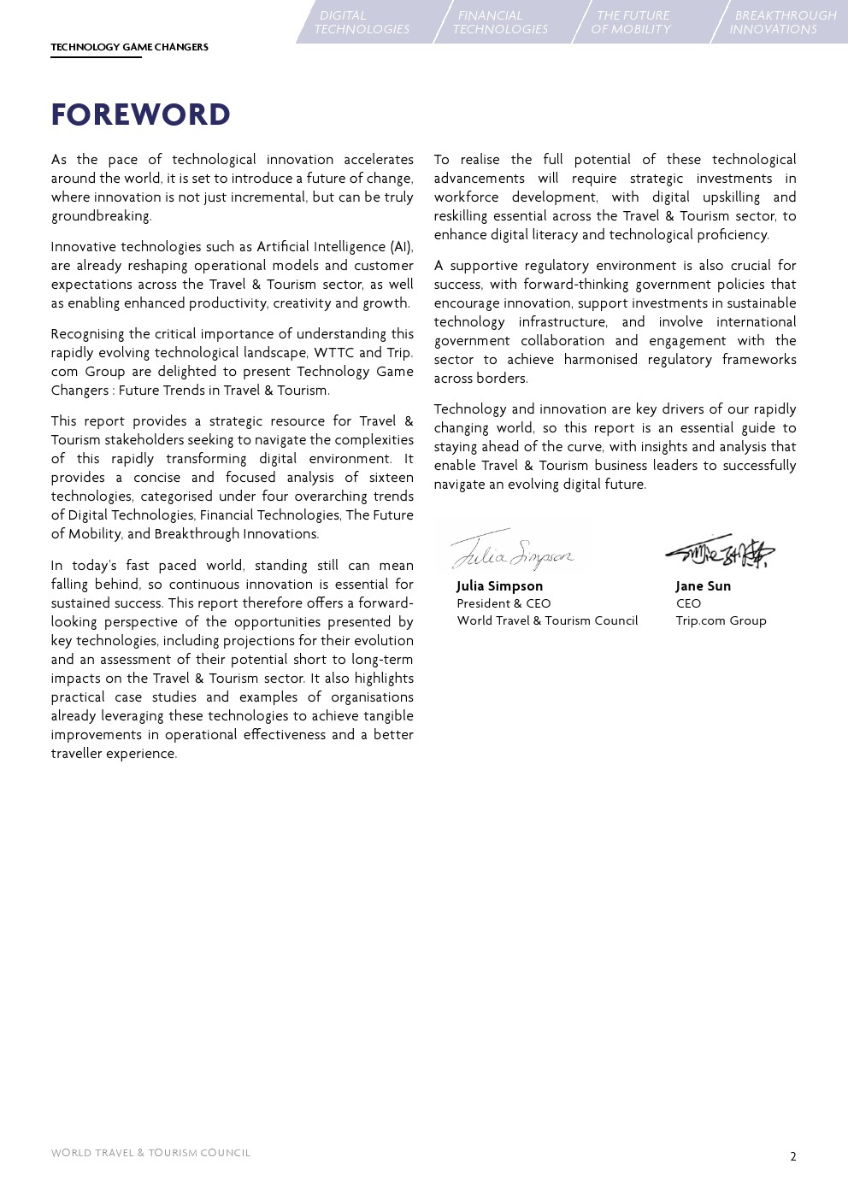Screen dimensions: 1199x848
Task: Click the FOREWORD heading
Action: pos(141,115)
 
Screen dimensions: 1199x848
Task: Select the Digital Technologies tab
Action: pos(362,22)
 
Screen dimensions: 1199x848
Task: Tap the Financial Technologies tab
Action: pos(500,22)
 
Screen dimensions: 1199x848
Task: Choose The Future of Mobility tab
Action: pos(632,22)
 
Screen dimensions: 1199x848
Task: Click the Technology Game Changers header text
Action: pos(129,47)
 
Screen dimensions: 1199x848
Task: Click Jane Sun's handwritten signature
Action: pos(721,553)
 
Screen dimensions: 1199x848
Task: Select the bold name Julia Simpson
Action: pos(499,586)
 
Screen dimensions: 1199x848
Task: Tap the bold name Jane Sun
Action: pos(703,586)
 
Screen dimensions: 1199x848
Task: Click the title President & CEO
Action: pos(503,603)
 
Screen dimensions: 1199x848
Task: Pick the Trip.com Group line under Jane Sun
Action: pos(721,620)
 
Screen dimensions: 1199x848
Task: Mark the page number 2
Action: pos(792,1156)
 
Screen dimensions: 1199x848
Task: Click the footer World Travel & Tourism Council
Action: pos(150,1153)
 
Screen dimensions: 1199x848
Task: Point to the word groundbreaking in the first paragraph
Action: pos(100,216)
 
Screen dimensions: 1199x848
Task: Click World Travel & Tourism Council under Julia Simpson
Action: pos(547,620)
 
